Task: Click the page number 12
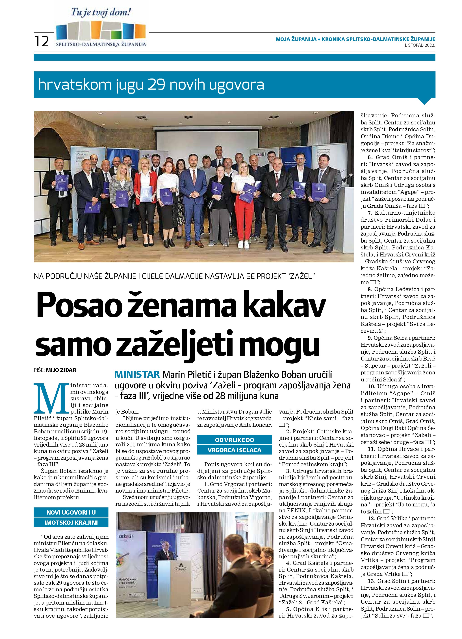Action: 42,41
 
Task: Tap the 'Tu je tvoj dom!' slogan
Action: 101,12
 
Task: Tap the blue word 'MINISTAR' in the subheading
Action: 137,375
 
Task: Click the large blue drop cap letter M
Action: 51,398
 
